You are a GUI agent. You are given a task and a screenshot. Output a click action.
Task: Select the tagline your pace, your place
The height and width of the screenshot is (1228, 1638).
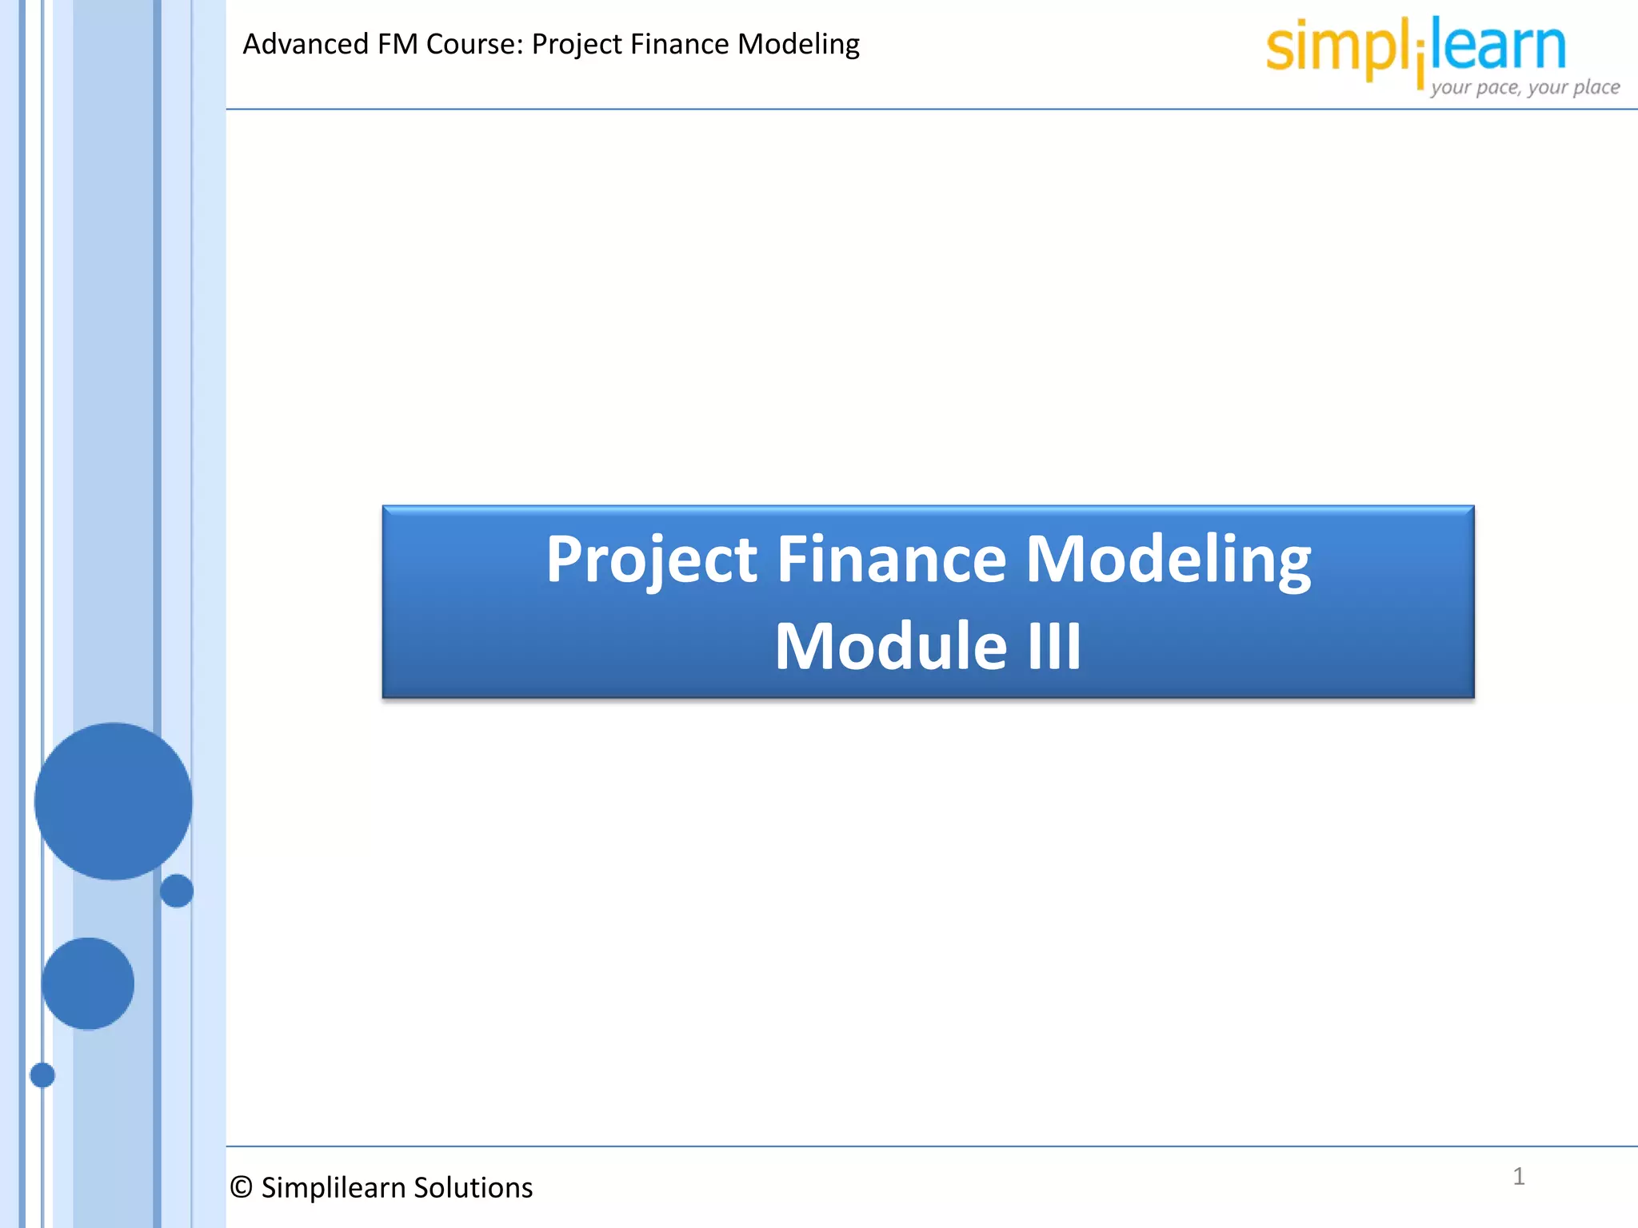(1524, 86)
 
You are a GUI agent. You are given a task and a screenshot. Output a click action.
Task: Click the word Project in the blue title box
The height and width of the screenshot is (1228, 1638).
(651, 560)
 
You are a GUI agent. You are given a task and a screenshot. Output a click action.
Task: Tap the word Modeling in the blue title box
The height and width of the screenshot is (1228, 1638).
(1169, 560)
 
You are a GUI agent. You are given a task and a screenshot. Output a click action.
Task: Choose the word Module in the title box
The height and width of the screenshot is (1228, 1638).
(890, 645)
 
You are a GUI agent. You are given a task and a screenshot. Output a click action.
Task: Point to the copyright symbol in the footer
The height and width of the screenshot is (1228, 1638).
(241, 1187)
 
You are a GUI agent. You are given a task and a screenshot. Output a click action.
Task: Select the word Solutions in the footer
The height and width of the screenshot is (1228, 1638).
(473, 1188)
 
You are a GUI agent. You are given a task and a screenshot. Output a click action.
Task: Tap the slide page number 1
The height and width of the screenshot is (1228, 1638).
(1518, 1176)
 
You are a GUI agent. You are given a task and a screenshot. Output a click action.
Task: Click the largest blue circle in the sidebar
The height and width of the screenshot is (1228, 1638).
(113, 801)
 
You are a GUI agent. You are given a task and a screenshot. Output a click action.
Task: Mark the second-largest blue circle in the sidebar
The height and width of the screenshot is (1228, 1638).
(88, 983)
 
